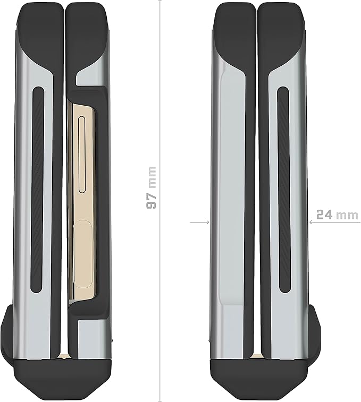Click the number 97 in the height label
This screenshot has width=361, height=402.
[151, 201]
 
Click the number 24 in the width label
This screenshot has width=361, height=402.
[324, 215]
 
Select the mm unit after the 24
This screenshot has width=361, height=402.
[347, 216]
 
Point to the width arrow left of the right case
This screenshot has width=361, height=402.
[200, 222]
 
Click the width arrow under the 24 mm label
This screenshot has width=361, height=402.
[335, 222]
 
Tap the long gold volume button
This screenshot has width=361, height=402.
[82, 155]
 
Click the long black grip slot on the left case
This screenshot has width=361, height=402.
[38, 189]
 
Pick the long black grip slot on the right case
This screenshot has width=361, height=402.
[284, 190]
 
